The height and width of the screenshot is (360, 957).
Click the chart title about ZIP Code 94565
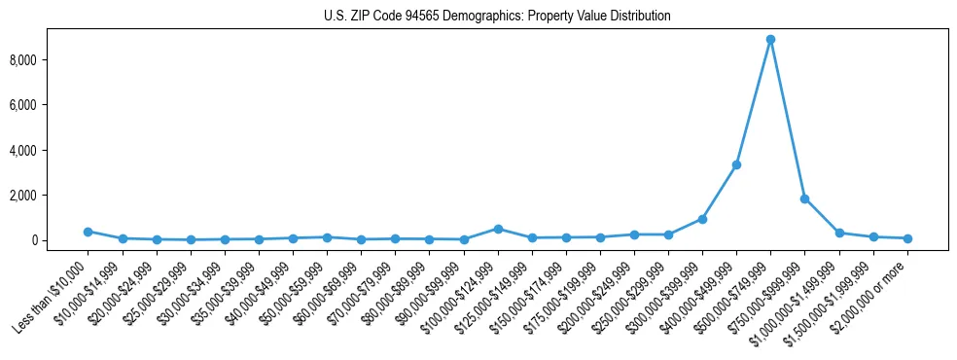497,17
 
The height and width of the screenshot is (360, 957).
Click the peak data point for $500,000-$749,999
770,40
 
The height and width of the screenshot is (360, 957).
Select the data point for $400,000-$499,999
736,164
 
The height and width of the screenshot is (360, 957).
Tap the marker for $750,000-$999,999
804,198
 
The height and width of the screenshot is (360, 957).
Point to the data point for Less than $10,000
88,232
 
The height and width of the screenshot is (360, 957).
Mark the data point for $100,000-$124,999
498,229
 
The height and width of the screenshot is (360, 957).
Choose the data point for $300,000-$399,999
702,219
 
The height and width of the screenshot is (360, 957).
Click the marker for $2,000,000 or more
907,238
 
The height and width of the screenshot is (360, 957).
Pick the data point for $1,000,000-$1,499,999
839,233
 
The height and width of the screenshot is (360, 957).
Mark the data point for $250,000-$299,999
668,234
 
